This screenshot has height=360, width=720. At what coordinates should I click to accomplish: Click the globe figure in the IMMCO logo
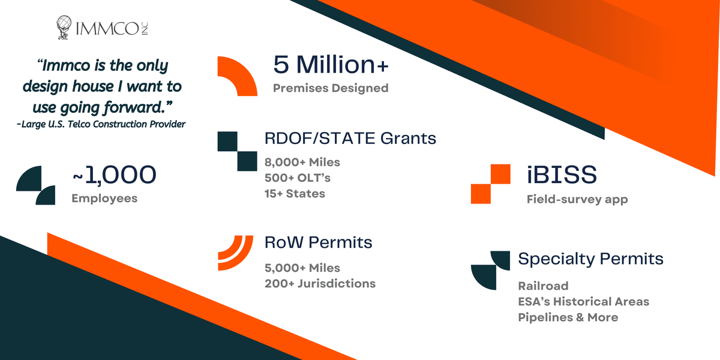[x=64, y=28]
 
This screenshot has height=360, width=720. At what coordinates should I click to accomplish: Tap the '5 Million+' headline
[x=331, y=64]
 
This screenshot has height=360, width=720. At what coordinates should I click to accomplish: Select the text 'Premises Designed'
[x=331, y=88]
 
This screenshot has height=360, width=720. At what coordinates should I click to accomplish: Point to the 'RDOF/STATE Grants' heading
[x=350, y=138]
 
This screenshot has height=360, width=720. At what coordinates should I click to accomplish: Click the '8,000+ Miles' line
[x=302, y=163]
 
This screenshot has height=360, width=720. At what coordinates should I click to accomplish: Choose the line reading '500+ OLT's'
[x=298, y=178]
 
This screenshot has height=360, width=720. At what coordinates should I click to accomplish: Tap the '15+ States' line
[x=295, y=193]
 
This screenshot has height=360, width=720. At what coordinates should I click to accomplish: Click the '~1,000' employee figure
[x=115, y=175]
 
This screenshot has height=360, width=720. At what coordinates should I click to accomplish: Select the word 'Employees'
[x=104, y=199]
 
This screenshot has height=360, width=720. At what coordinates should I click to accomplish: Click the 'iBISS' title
[x=562, y=175]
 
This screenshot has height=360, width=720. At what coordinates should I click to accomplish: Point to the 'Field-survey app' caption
[x=577, y=199]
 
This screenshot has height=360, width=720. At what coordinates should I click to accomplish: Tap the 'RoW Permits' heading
[x=318, y=242]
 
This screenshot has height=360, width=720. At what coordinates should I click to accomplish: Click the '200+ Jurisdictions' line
[x=320, y=283]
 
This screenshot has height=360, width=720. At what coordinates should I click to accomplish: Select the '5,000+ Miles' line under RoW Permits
[x=302, y=268]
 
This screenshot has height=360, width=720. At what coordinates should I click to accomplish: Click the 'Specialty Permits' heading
[x=591, y=259]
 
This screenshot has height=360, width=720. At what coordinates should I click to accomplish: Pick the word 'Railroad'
[x=543, y=286]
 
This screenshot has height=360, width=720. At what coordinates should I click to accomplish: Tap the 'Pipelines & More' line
[x=568, y=317]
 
